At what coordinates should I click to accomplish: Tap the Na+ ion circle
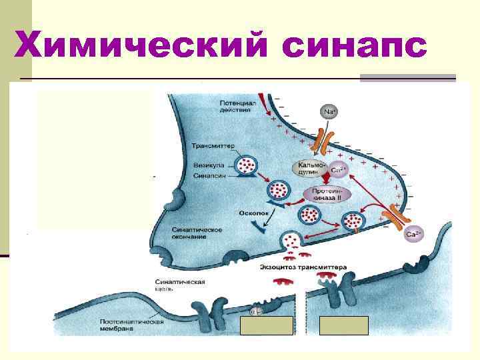pyautogui.click(x=329, y=112)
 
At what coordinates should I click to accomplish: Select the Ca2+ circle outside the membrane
pyautogui.click(x=413, y=234)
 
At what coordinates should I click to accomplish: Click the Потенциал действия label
pyautogui.click(x=235, y=106)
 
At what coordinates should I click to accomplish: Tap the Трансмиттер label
pyautogui.click(x=211, y=145)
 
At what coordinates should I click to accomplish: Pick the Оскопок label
pyautogui.click(x=252, y=213)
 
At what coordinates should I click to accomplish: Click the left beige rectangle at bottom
pyautogui.click(x=266, y=325)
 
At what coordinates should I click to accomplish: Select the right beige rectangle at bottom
pyautogui.click(x=344, y=325)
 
